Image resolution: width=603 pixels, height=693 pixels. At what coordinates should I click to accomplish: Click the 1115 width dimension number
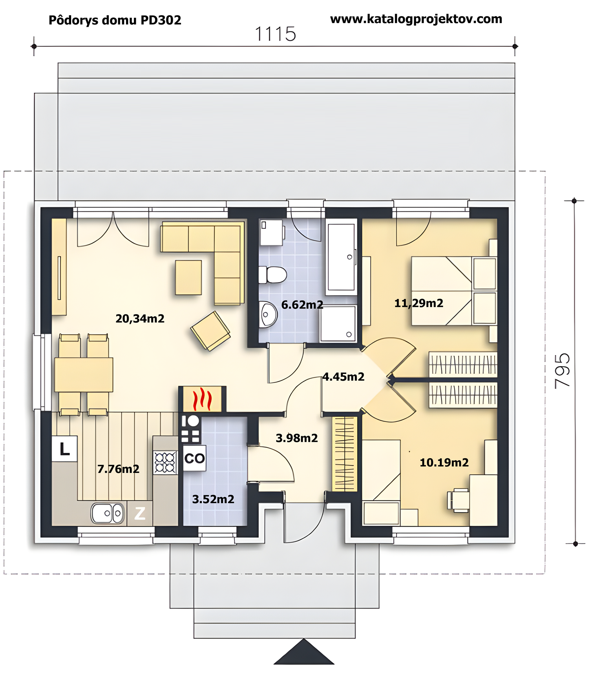[275, 34]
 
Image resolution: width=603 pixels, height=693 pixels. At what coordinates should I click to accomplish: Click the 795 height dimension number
[563, 371]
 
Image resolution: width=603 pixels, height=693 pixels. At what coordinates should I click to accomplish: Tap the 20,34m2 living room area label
[140, 319]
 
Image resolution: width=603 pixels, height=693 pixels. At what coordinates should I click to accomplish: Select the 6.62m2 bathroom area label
[302, 305]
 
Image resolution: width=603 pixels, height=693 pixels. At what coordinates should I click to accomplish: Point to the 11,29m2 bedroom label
[419, 303]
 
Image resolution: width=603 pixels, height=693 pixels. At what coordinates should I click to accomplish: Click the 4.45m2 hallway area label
[344, 377]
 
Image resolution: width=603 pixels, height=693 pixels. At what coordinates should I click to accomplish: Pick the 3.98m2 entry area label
[297, 438]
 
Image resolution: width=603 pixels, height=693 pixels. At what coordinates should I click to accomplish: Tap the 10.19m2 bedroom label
[444, 463]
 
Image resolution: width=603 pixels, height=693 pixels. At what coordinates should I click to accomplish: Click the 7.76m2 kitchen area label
[118, 469]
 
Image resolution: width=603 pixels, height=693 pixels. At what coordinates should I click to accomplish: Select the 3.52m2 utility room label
[213, 499]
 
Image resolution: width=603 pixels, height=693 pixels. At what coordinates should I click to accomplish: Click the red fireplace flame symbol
[203, 399]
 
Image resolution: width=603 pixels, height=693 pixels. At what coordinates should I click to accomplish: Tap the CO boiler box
[195, 458]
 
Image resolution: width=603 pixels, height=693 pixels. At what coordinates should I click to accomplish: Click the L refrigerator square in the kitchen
[64, 449]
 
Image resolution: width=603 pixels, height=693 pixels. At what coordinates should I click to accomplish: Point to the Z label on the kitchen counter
[140, 513]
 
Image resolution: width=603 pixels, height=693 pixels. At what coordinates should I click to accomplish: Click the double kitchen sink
[108, 513]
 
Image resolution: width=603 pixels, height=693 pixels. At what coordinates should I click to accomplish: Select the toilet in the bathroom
[272, 275]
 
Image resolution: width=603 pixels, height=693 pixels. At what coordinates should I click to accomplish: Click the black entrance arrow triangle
[304, 652]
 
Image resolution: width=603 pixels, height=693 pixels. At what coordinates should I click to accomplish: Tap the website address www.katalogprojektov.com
[416, 19]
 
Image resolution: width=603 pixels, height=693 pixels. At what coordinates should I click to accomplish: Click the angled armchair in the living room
[210, 331]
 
